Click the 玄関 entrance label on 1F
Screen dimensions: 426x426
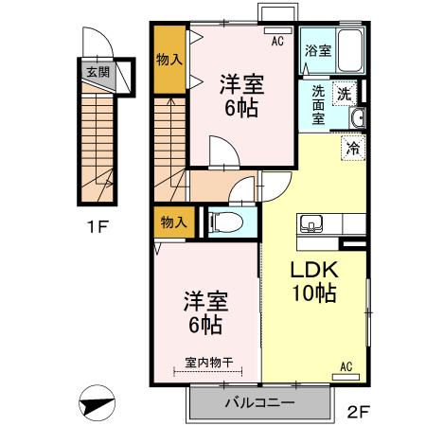(98, 70)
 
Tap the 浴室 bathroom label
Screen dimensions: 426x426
(317, 52)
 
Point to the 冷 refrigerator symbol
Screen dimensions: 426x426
(353, 148)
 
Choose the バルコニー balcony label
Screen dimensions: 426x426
(258, 402)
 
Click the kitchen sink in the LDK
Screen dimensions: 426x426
(311, 225)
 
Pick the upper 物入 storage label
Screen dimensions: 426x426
(169, 60)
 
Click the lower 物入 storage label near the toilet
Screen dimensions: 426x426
(173, 222)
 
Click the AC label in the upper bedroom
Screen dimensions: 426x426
(278, 42)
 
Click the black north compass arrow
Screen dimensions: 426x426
(97, 404)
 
